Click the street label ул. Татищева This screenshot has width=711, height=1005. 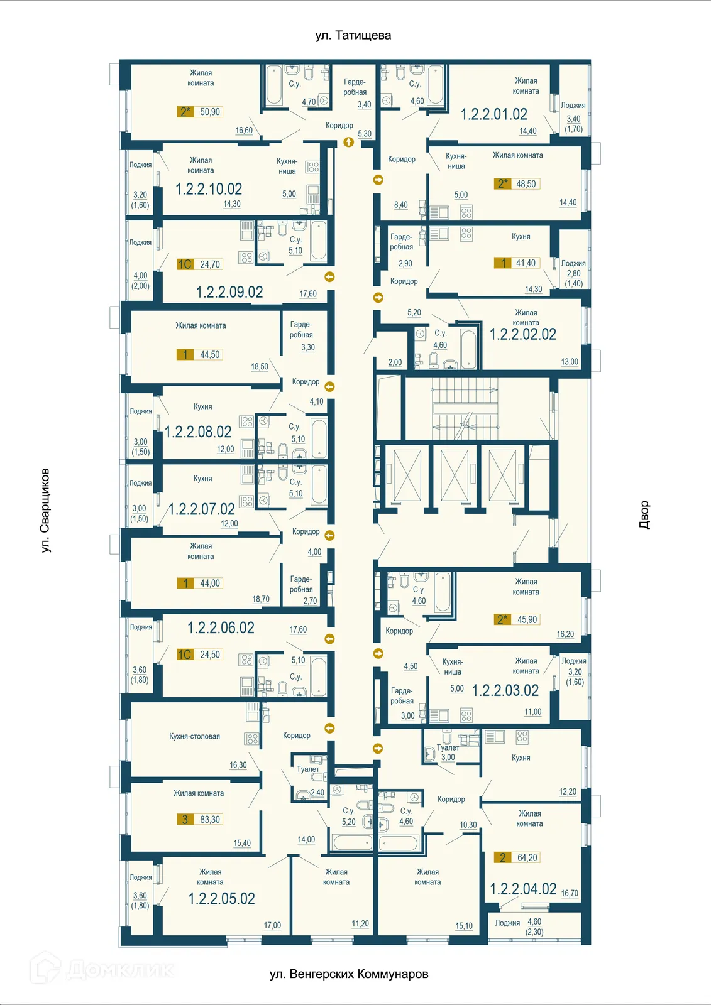click(x=353, y=36)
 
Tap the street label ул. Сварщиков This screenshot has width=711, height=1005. click(x=45, y=510)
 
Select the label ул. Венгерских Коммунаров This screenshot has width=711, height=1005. click(x=349, y=974)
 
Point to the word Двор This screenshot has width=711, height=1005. click(x=644, y=514)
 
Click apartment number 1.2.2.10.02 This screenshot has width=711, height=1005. click(x=208, y=189)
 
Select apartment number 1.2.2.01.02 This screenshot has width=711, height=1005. click(x=493, y=114)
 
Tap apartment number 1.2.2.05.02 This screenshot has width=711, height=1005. click(x=221, y=899)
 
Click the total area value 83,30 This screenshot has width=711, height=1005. click(x=210, y=820)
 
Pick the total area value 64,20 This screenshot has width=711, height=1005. click(x=527, y=858)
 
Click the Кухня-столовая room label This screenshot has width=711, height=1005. click(x=194, y=737)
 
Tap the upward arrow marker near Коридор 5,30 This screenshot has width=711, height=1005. click(x=349, y=142)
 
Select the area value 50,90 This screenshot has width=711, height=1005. click(x=210, y=112)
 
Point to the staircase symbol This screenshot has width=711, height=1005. click(x=465, y=408)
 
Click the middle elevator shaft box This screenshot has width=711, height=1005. click(x=455, y=475)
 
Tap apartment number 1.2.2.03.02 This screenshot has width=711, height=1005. click(x=505, y=691)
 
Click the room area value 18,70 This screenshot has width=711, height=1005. click(x=261, y=600)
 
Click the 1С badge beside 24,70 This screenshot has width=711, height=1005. click(x=185, y=264)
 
